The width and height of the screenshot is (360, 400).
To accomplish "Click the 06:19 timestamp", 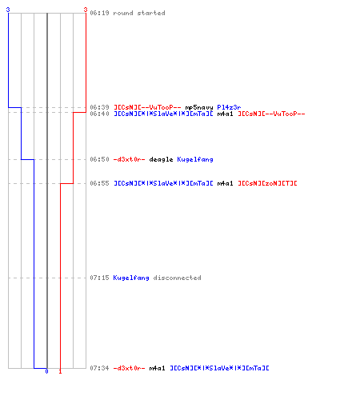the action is tap(99, 13).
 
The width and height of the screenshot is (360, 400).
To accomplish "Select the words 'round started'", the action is tap(139, 13).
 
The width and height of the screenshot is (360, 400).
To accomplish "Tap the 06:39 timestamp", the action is tap(99, 107).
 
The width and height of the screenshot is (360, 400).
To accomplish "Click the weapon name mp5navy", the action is tap(199, 107).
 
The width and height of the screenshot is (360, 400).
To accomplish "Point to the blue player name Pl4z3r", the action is tap(229, 107).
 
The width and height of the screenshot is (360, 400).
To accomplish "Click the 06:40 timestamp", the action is tap(99, 114).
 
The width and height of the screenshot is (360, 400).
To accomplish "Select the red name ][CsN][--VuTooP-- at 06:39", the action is tap(147, 107).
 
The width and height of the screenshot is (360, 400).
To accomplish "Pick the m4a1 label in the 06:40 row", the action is tap(225, 114).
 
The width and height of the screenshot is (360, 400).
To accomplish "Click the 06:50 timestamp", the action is tap(99, 159).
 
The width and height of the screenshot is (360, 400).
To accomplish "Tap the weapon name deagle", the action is tap(161, 159).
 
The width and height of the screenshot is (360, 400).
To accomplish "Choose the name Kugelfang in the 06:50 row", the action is tap(195, 159).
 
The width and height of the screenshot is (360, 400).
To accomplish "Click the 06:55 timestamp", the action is tap(99, 183).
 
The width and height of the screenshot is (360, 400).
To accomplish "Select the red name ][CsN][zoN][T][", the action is tap(267, 183).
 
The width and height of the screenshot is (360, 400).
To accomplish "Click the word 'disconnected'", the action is tap(177, 278).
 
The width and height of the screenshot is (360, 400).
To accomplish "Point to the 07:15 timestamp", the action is tap(99, 278).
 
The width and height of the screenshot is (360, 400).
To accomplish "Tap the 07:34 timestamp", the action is tap(99, 368).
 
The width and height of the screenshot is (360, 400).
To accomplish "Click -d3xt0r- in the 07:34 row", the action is tap(130, 368).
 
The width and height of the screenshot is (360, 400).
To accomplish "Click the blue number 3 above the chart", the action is tap(8, 10).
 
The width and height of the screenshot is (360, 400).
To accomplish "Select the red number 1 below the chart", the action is tap(60, 371).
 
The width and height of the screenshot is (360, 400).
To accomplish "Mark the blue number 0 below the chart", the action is tap(46, 371).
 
